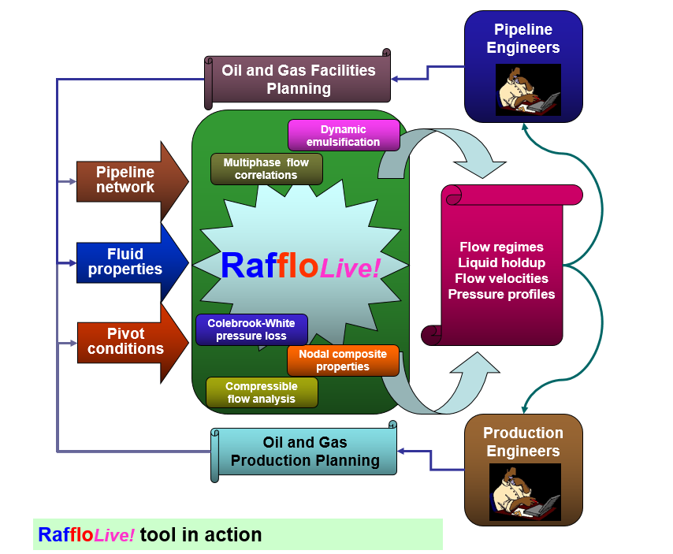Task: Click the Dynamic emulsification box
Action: pyautogui.click(x=344, y=136)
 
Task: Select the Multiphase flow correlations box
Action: pyautogui.click(x=266, y=169)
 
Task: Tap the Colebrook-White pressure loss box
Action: pyautogui.click(x=251, y=329)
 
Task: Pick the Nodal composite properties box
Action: pyautogui.click(x=343, y=360)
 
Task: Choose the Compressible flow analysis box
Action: pyautogui.click(x=262, y=392)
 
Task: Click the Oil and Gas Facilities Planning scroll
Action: pyautogui.click(x=299, y=79)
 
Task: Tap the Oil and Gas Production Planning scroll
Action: pyautogui.click(x=305, y=452)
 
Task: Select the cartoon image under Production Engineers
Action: pyautogui.click(x=524, y=492)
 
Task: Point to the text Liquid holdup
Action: pyautogui.click(x=501, y=262)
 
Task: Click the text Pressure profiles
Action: pyautogui.click(x=501, y=294)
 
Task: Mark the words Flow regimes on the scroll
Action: pyautogui.click(x=501, y=247)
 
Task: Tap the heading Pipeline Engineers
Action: pyautogui.click(x=523, y=39)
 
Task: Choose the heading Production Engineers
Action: pyautogui.click(x=523, y=442)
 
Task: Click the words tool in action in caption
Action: pyautogui.click(x=200, y=535)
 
